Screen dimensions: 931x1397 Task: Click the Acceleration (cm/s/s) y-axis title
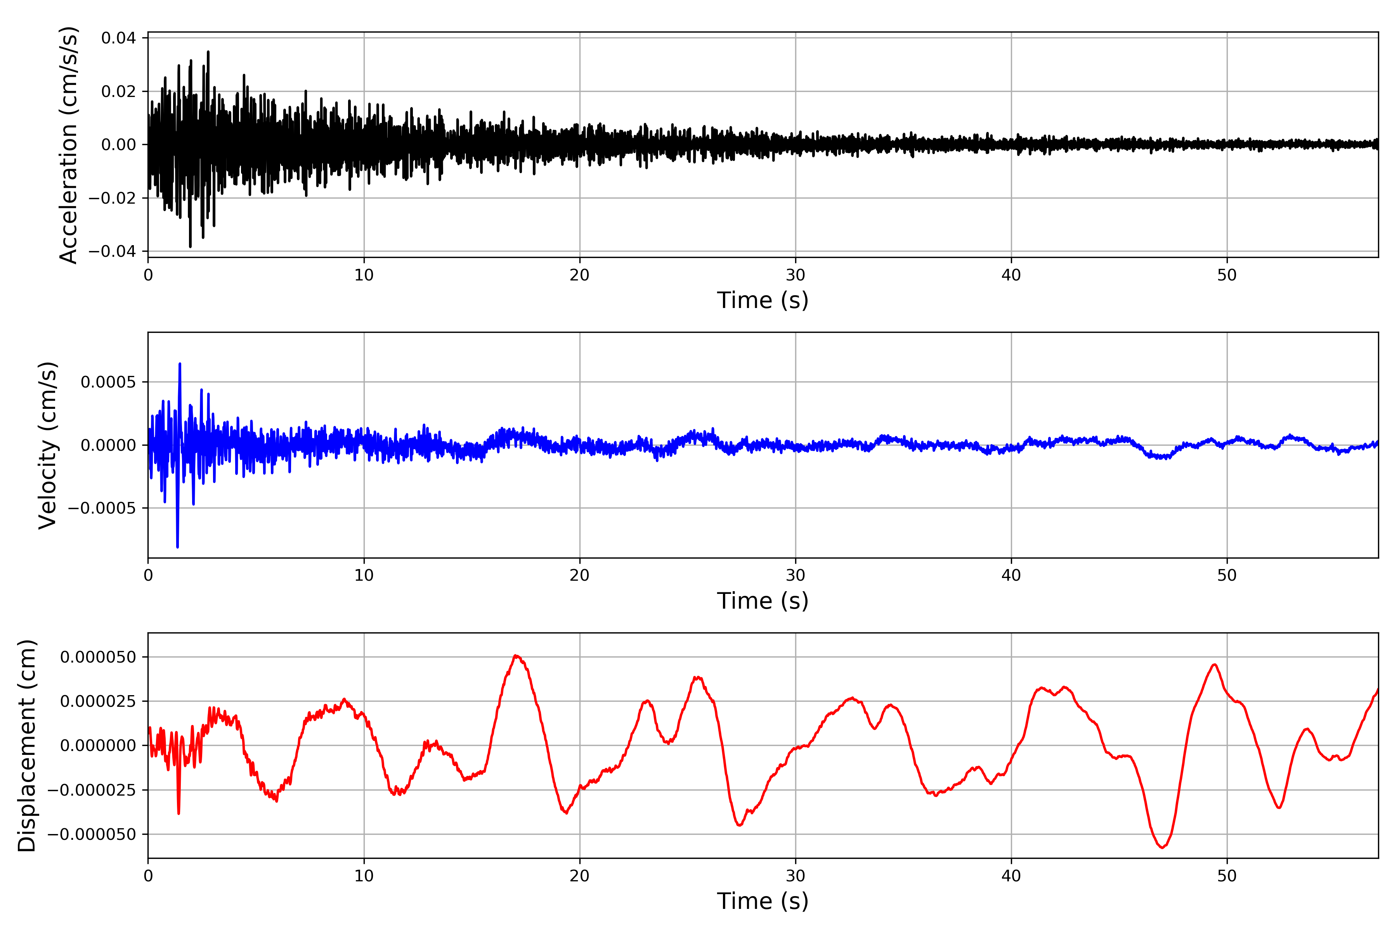point(68,145)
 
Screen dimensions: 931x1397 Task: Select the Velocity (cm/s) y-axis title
point(47,445)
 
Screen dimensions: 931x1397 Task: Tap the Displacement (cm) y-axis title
point(27,745)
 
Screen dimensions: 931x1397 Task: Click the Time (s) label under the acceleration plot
point(763,300)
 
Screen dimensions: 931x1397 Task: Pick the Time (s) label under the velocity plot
point(763,601)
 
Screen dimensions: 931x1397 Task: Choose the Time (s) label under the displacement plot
point(763,901)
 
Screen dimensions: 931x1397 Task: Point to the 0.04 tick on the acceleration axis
point(118,38)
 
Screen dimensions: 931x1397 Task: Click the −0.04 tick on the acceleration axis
point(112,251)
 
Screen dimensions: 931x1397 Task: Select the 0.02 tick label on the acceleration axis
point(118,92)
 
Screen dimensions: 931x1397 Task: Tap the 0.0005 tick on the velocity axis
point(108,382)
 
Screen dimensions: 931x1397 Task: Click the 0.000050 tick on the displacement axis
point(98,657)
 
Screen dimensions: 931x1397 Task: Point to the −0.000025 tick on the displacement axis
point(92,790)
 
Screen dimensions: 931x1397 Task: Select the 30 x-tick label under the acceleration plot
point(795,275)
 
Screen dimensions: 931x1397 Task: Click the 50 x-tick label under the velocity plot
point(1227,575)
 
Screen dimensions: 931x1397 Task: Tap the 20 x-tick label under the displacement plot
point(580,876)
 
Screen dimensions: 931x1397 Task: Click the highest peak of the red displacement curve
point(516,656)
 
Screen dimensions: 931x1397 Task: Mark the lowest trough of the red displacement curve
point(1162,847)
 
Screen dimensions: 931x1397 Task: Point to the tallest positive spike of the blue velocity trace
point(180,364)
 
